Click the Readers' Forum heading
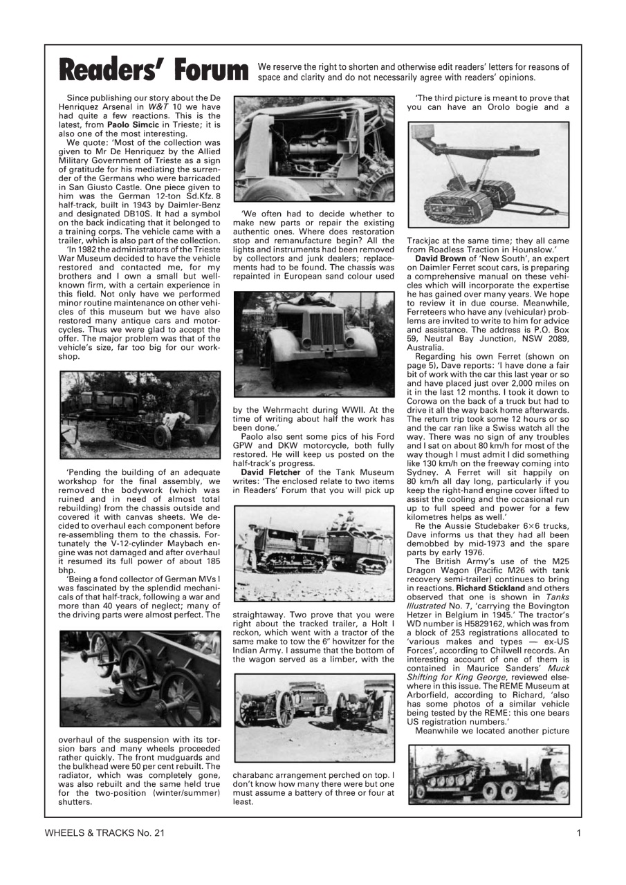click(x=154, y=71)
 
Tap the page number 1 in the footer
click(x=578, y=833)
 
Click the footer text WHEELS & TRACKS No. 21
click(x=104, y=833)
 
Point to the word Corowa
click(x=426, y=400)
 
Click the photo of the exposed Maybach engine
click(x=314, y=149)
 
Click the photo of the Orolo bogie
click(x=488, y=175)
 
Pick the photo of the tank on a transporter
click(x=488, y=774)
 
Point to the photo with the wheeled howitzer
click(x=314, y=718)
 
